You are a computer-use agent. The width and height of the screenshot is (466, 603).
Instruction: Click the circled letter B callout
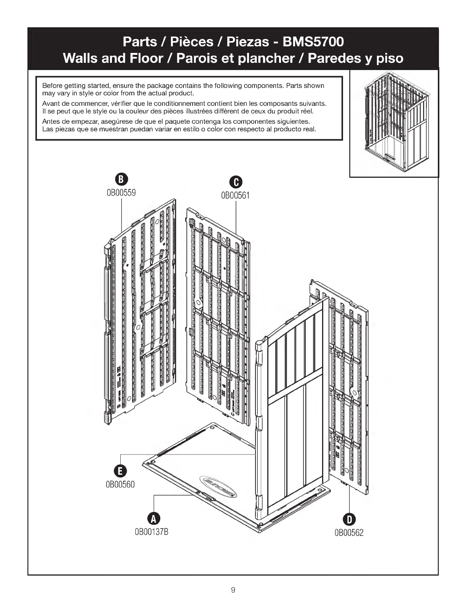(x=121, y=179)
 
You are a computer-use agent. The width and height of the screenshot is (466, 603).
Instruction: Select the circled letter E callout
(x=120, y=471)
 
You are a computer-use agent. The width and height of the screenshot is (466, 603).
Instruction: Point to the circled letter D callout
(x=349, y=519)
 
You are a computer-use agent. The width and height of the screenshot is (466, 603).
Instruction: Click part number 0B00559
(x=121, y=192)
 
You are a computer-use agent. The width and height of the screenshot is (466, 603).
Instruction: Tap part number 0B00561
(x=236, y=195)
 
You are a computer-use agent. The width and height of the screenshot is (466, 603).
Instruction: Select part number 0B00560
(x=120, y=485)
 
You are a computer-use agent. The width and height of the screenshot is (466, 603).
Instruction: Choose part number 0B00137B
(x=152, y=532)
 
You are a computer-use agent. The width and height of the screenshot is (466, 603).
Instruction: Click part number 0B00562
(x=349, y=533)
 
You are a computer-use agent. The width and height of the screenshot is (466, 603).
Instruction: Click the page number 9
(x=233, y=590)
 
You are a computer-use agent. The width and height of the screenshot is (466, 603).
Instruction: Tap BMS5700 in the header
(x=313, y=41)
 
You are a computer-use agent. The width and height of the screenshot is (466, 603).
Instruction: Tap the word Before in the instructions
(x=51, y=85)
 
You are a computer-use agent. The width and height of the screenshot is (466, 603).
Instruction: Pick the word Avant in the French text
(x=51, y=104)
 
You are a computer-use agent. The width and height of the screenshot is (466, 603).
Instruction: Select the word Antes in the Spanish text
(x=51, y=122)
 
